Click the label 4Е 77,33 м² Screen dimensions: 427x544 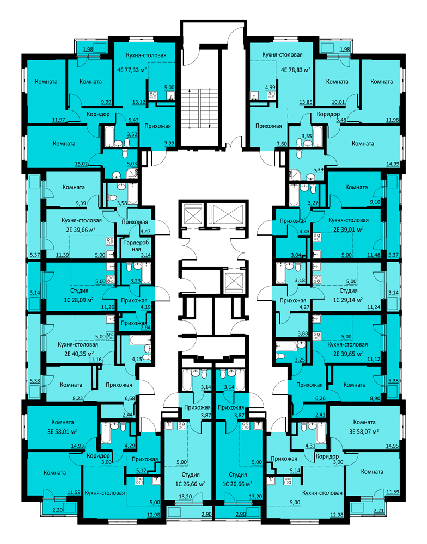tap(132, 70)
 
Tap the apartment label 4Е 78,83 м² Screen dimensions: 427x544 tap(295, 70)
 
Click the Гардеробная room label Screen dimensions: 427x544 tap(137, 246)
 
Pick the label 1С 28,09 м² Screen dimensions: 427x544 tap(79, 299)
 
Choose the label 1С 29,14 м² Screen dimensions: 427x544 tap(348, 299)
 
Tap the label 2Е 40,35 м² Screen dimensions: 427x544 tap(79, 354)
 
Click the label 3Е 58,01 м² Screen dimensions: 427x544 tap(62, 431)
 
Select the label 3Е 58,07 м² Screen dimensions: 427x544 tap(364, 431)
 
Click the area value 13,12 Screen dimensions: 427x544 tap(139, 102)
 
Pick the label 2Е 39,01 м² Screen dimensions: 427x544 tap(348, 229)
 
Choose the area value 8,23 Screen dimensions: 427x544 tap(77, 399)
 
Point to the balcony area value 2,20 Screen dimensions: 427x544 tap(58, 510)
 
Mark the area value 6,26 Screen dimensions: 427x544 tap(320, 399)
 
